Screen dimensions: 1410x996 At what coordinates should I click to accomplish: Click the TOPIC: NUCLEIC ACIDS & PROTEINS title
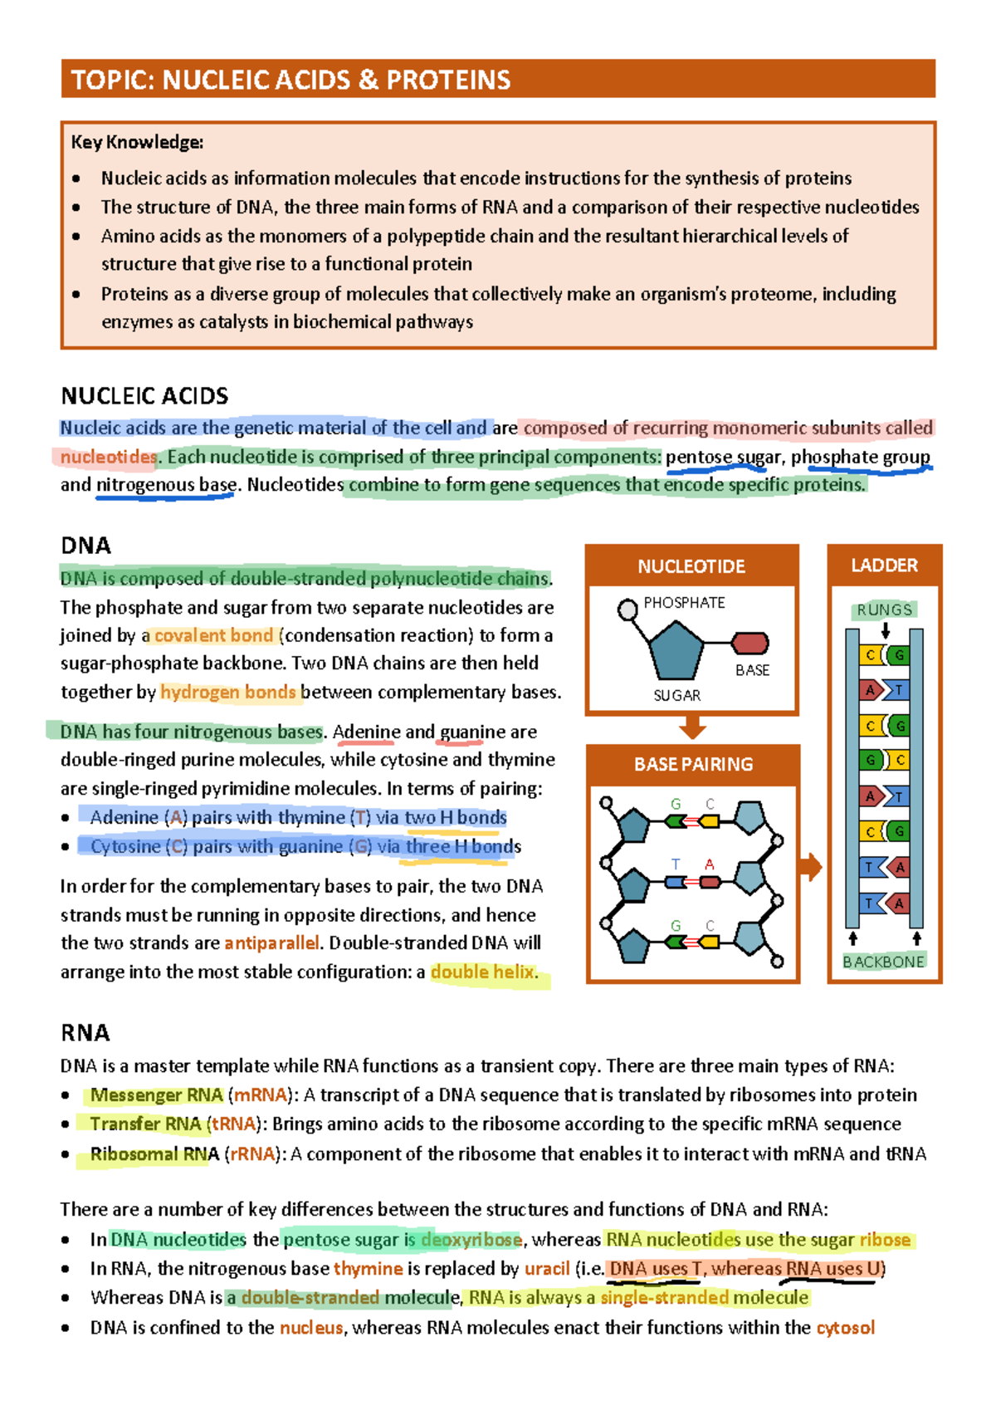coord(290,80)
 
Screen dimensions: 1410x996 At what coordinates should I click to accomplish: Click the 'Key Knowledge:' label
coord(137,142)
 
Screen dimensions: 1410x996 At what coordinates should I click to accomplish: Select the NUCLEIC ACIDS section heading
coord(144,395)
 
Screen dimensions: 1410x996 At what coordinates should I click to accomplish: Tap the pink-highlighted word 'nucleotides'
coord(108,457)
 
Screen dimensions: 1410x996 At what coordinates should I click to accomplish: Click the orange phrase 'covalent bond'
coord(213,635)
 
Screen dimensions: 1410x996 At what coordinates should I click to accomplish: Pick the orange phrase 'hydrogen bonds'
coord(227,692)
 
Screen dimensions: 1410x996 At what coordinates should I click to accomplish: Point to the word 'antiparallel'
coord(271,942)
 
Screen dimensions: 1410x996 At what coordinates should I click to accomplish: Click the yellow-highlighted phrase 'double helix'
coord(482,972)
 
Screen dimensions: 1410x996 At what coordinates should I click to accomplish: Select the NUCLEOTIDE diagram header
coord(691,566)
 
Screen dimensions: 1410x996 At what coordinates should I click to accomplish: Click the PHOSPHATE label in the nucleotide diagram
coord(684,603)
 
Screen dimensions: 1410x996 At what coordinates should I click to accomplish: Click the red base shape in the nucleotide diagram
coord(750,643)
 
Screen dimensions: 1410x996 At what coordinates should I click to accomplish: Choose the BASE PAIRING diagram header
coord(693,764)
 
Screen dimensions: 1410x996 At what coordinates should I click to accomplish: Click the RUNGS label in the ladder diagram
coord(884,610)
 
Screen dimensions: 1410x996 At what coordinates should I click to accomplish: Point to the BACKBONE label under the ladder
coord(883,962)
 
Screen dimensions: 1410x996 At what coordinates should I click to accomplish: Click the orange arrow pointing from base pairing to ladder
coord(810,868)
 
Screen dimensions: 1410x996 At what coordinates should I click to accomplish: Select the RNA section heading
coord(85,1032)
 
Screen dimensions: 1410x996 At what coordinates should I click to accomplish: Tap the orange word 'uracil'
coord(547,1268)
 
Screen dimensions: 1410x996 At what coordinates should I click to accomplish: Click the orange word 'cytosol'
coord(845,1327)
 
